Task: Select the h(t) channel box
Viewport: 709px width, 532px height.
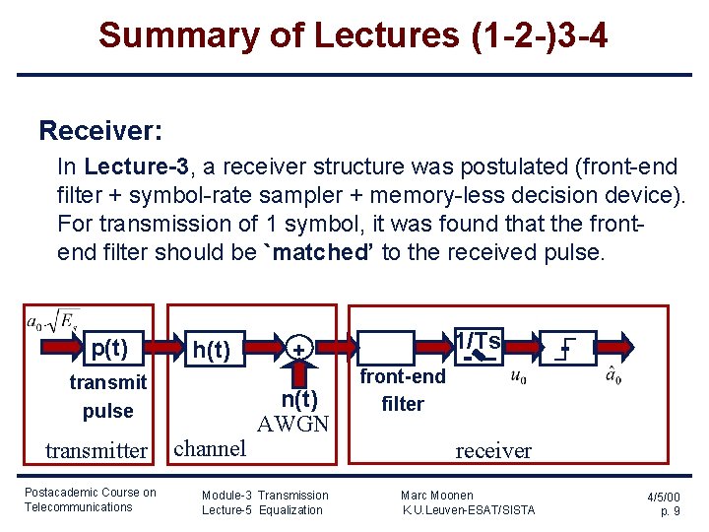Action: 212,349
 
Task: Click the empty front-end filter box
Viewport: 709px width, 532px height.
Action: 388,348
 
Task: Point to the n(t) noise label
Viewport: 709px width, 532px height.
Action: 298,399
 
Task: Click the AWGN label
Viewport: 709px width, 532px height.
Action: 292,425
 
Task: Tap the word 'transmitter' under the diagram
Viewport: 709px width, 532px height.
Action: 97,451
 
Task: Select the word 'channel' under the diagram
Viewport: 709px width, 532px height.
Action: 209,448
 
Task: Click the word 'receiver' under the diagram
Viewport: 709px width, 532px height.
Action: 493,451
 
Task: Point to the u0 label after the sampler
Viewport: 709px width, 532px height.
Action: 520,375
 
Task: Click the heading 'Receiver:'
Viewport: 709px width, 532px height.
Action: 100,130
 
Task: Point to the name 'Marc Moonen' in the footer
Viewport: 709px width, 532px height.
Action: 437,495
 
